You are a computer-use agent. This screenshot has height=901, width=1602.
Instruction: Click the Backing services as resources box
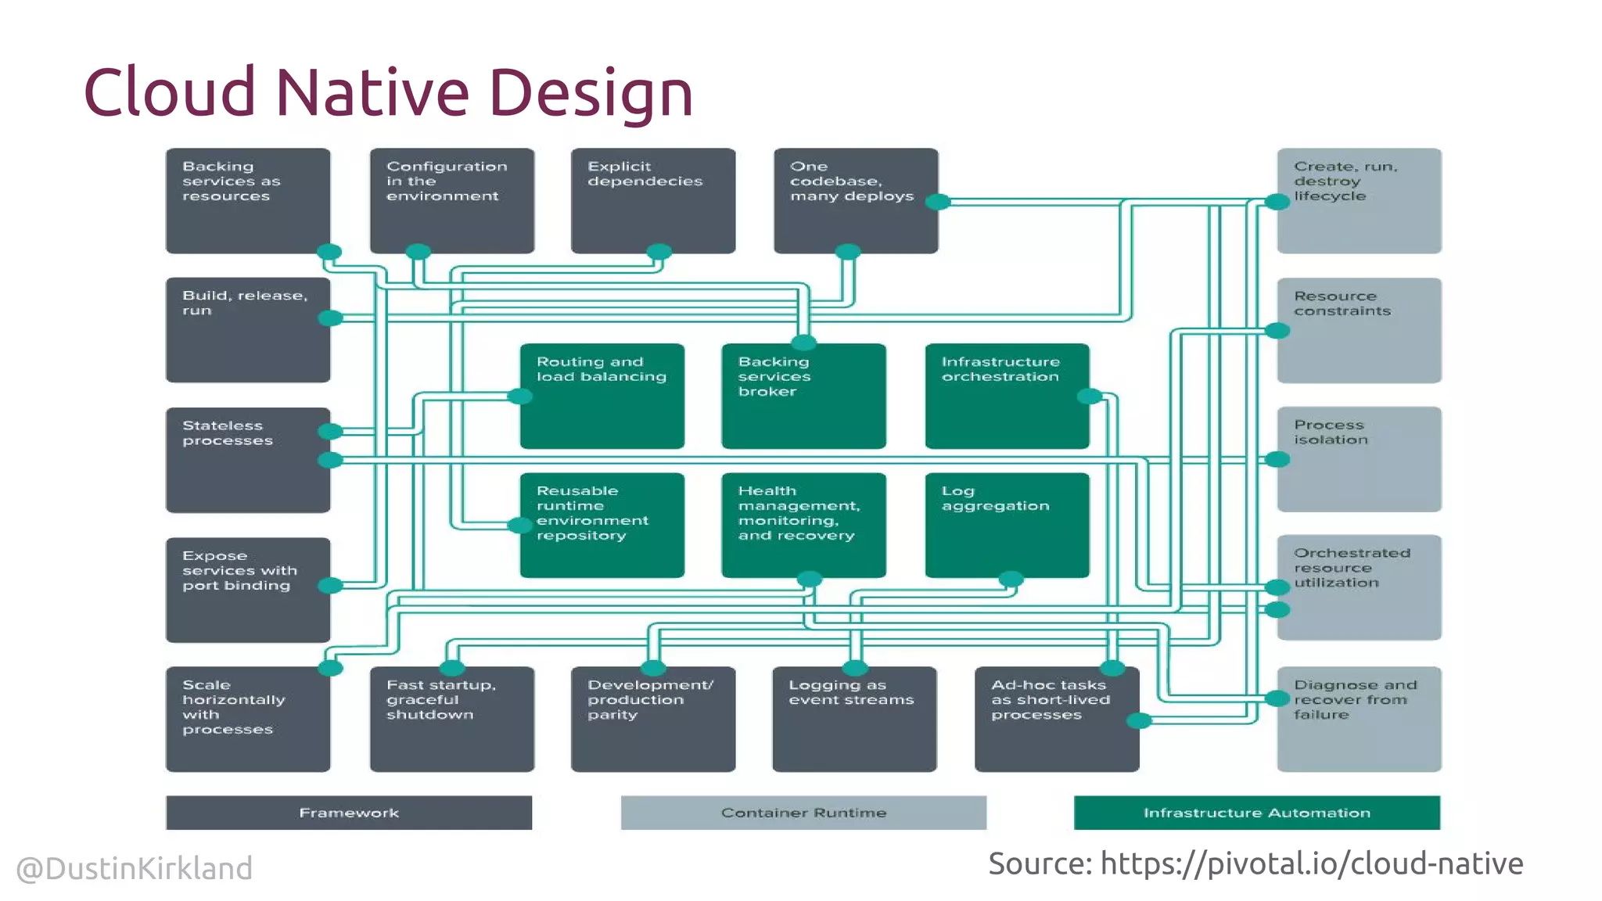(247, 200)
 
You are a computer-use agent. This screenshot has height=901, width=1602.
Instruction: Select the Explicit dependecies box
(652, 200)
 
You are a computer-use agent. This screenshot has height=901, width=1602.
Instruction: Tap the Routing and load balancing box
(602, 396)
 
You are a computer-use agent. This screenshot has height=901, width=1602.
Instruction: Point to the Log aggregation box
(1007, 525)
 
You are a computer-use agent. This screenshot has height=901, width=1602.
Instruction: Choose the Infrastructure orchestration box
(1007, 396)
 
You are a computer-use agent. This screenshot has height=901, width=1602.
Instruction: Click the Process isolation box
(1359, 459)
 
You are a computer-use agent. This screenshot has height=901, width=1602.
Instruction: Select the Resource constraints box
(1359, 330)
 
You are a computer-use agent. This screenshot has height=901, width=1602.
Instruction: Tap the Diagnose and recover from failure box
(1359, 719)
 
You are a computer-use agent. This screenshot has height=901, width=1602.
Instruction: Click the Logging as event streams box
(854, 719)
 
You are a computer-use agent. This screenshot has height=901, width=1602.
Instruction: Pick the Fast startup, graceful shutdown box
(451, 719)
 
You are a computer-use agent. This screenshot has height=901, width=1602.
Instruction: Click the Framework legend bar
(349, 813)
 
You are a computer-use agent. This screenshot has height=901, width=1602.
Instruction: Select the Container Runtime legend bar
(803, 813)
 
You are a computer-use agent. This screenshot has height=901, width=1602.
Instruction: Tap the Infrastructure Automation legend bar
(1256, 813)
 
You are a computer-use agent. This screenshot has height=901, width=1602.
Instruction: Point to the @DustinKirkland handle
(135, 868)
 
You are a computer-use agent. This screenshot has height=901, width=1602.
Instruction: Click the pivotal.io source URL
(1311, 863)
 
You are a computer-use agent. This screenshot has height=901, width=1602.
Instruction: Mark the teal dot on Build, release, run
(331, 318)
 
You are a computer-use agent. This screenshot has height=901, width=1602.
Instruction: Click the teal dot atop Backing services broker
(803, 343)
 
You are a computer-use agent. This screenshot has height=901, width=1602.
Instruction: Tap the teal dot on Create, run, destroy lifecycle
(1277, 202)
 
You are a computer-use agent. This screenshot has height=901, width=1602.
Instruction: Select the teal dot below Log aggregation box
(1011, 579)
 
